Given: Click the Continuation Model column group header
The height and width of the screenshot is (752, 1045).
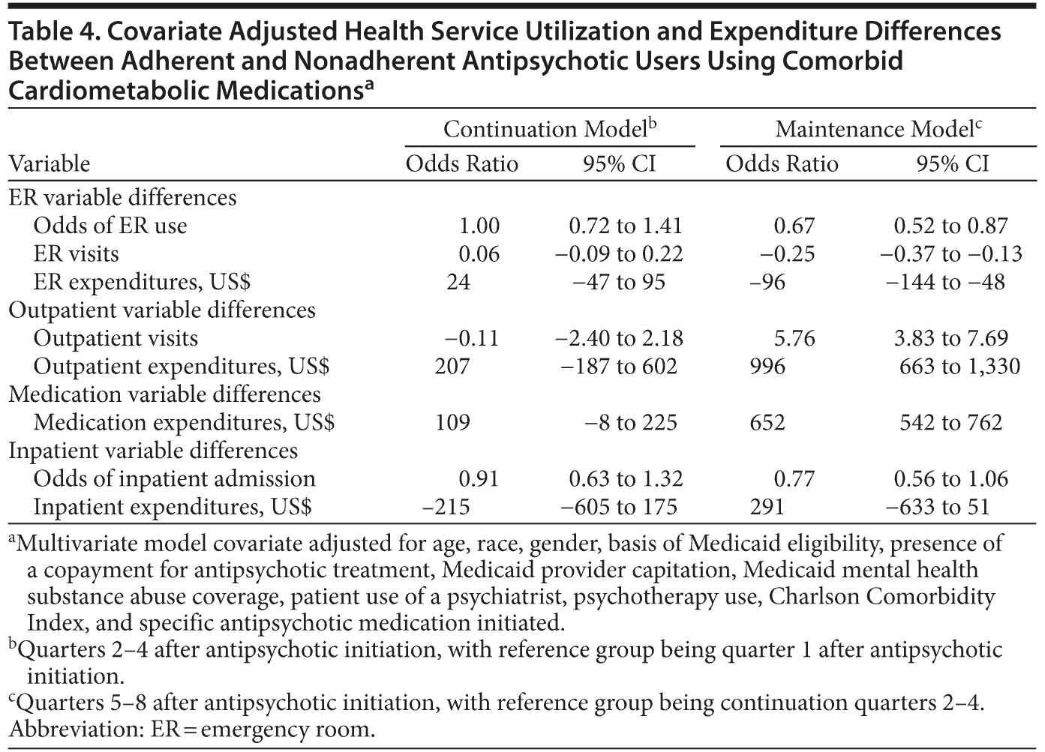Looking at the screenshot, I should click(x=549, y=129).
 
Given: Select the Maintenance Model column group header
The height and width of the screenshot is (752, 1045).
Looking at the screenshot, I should click(x=878, y=129).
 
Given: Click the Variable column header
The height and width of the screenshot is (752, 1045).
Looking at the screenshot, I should click(x=49, y=163).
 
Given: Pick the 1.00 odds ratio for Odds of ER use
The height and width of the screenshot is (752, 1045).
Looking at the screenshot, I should click(x=479, y=226).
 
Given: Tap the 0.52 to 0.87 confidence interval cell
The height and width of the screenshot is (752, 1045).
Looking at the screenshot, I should click(x=950, y=226).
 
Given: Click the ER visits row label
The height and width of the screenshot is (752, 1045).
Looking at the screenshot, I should click(x=76, y=253).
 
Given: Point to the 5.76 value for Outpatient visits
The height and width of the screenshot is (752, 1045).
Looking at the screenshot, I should click(x=794, y=338).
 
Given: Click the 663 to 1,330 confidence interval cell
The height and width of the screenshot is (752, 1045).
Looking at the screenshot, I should click(x=959, y=366).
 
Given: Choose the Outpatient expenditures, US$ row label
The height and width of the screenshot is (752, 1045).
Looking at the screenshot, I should click(x=182, y=366).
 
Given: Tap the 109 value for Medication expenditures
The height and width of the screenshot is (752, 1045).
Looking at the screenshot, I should click(x=452, y=422).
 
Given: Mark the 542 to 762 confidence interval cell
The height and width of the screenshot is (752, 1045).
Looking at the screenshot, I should click(x=950, y=422).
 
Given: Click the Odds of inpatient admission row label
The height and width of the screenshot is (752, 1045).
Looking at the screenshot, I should click(x=174, y=478).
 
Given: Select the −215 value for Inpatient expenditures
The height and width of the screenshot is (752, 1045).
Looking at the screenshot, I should click(x=446, y=507).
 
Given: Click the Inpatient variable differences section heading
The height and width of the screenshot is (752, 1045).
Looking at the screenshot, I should click(x=153, y=451).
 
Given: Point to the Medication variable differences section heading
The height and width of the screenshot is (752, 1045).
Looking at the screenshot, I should click(x=164, y=394).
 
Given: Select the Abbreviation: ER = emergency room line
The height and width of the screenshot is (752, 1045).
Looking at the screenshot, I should click(x=191, y=730).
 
